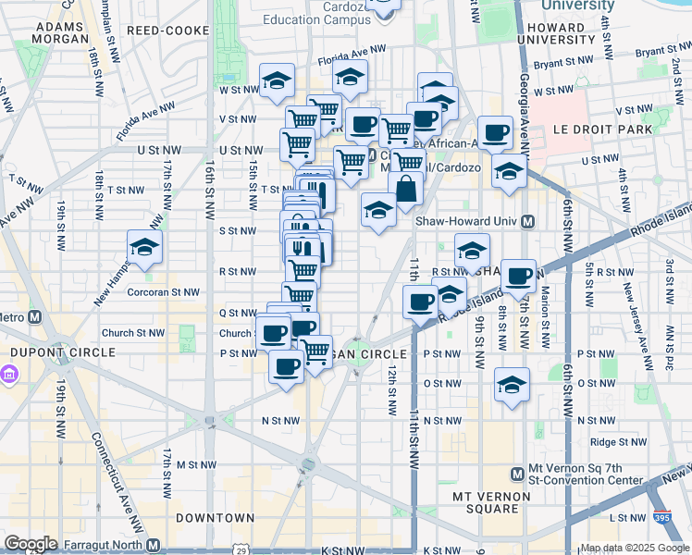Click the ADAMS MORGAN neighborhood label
tap(61, 32)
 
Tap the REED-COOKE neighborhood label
tap(159, 31)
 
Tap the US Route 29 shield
tap(243, 549)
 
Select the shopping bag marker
tap(406, 191)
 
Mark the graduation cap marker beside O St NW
tap(512, 385)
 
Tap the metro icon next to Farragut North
tap(154, 545)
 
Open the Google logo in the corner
tap(31, 543)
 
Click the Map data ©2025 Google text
tap(634, 548)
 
